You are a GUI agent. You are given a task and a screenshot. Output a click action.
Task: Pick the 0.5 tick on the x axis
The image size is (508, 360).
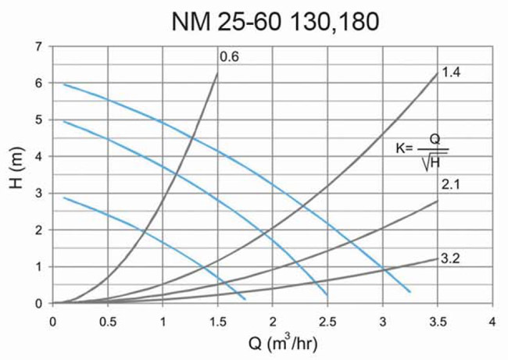[x=108, y=320]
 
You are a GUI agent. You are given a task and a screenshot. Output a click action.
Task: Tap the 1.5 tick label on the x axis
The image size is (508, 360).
[x=217, y=320]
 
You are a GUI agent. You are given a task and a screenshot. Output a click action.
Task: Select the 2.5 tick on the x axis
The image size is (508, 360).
[x=327, y=320]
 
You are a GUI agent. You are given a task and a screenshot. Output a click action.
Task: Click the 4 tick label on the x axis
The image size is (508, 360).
[x=492, y=320]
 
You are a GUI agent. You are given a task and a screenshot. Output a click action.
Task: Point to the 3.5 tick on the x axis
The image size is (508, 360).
[x=437, y=320]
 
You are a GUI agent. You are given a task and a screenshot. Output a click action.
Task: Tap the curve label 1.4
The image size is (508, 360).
[x=450, y=72]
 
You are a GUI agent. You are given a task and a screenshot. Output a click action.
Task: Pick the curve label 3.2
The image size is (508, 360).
[x=450, y=255]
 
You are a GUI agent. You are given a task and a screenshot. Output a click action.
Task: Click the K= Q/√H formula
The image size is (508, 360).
[x=422, y=148]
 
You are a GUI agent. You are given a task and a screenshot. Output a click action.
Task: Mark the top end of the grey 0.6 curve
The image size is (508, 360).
[x=217, y=73]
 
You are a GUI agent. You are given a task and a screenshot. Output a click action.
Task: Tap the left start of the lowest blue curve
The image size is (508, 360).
[x=64, y=198]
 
